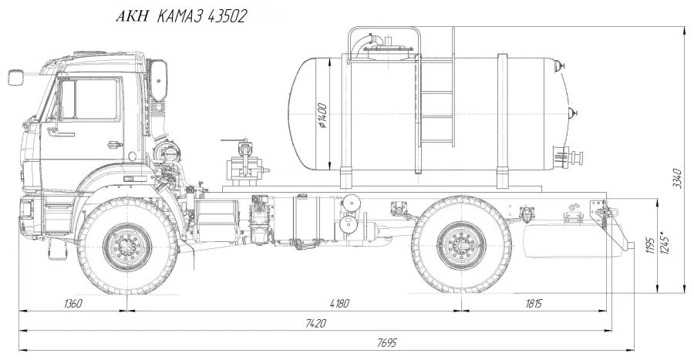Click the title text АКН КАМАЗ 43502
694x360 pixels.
(181, 16)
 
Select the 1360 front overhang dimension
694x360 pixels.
(73, 304)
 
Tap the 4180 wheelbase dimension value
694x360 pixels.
(339, 304)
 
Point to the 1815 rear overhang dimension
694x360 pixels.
(534, 304)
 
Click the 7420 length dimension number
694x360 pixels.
(315, 323)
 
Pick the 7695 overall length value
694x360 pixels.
(387, 343)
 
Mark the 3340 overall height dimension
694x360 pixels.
(677, 178)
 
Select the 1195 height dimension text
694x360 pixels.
(650, 245)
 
